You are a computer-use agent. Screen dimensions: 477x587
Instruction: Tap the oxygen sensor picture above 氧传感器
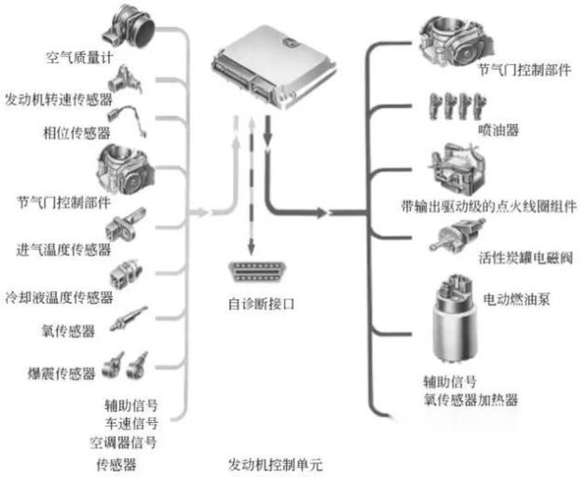click(x=128, y=319)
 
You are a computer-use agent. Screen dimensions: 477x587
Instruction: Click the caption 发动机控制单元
click(x=266, y=463)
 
